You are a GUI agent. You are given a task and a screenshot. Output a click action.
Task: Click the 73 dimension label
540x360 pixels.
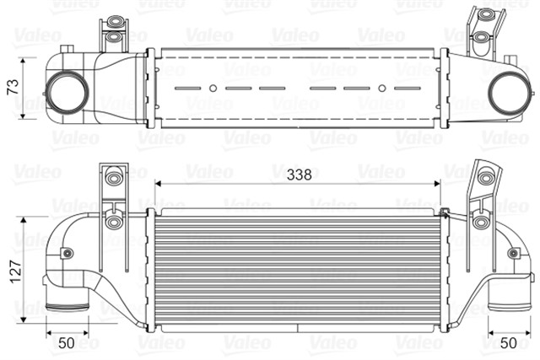[x=12, y=87]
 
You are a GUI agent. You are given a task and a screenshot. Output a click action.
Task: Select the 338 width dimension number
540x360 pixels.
[x=299, y=175]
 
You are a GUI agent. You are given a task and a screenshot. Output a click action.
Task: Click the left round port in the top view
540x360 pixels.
[x=64, y=92]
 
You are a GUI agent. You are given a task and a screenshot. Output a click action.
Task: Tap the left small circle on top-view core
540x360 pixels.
[x=213, y=88]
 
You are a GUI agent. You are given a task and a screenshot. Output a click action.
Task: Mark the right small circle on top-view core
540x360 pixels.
[x=382, y=88]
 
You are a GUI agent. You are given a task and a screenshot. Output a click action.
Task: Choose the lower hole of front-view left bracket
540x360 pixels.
[x=114, y=223]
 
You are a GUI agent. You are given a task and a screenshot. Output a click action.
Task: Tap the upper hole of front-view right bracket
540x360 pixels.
[x=483, y=178]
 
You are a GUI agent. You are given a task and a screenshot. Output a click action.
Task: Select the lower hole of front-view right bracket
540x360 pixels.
[x=480, y=222]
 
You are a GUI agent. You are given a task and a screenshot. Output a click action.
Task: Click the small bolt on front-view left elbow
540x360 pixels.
[x=67, y=253]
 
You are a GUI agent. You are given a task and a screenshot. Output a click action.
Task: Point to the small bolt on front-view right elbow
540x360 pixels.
[x=514, y=252]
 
